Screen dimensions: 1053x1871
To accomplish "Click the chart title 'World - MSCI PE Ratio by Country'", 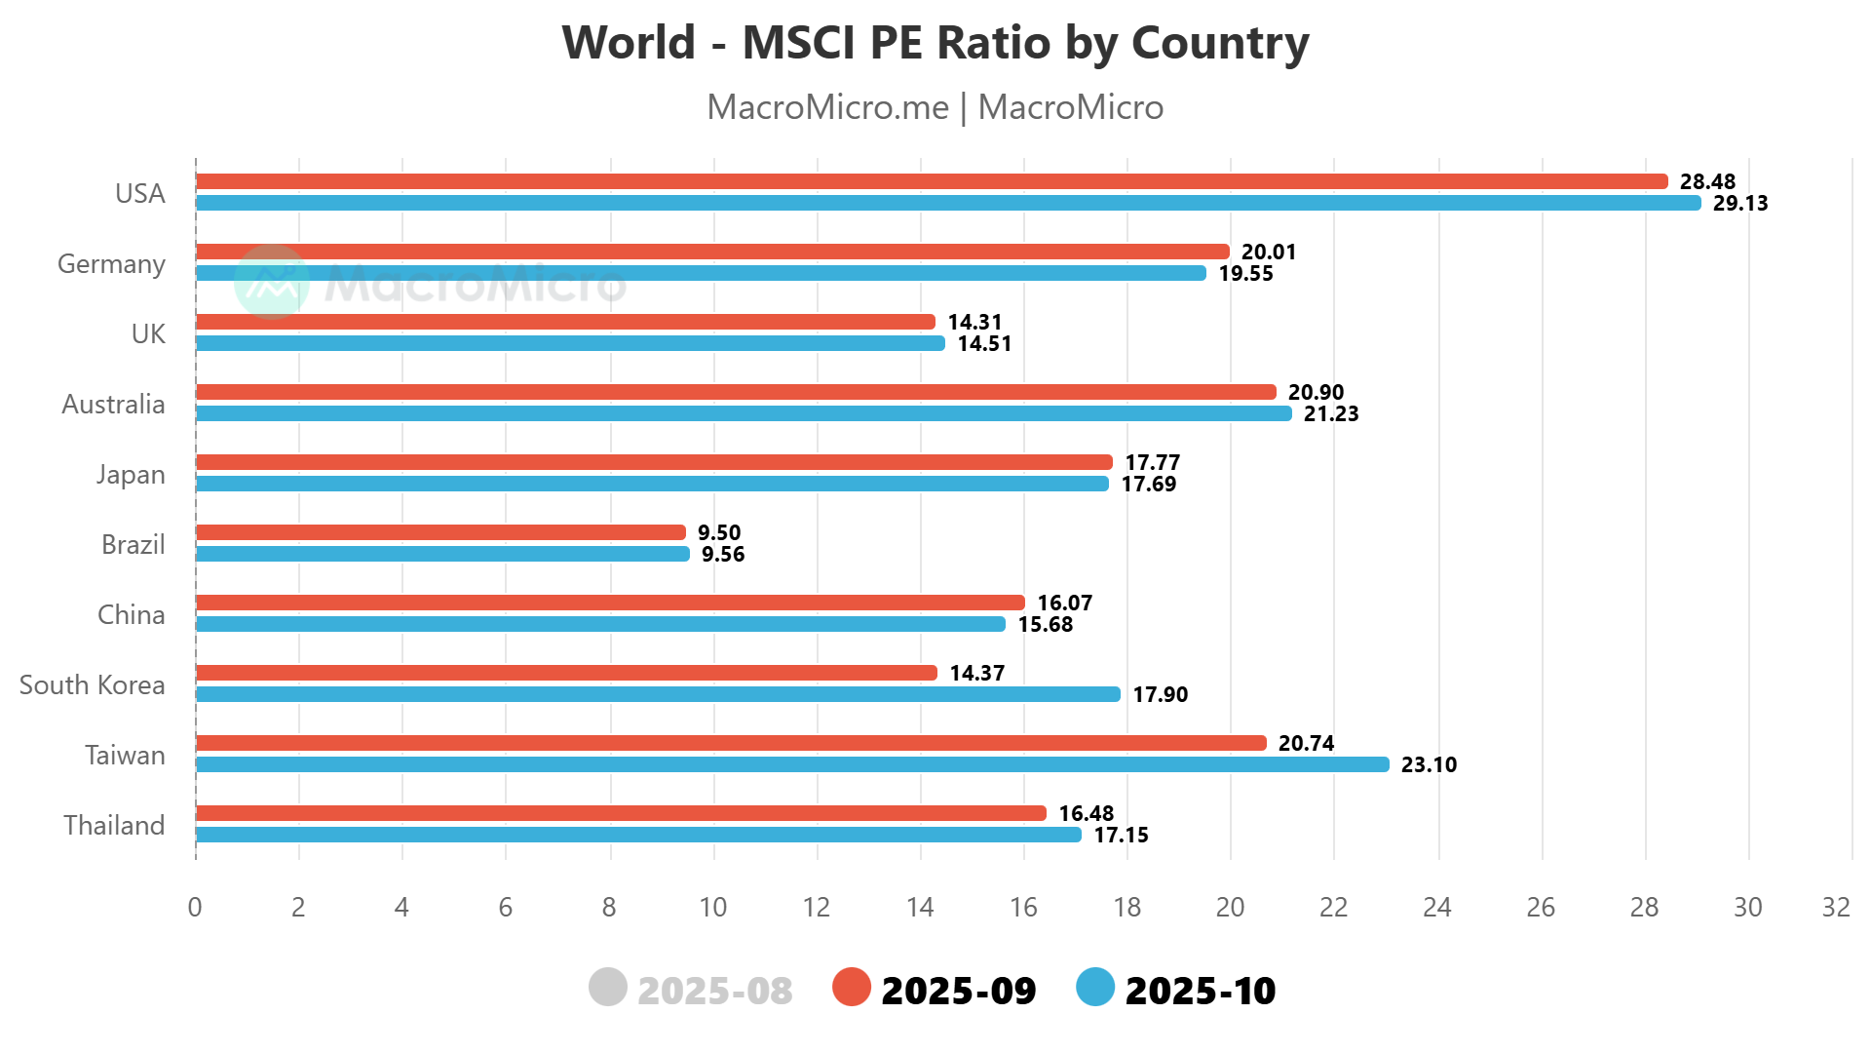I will coord(935,43).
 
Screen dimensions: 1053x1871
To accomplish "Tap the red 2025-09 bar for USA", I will coord(931,181).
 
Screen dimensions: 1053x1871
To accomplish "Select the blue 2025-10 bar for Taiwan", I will coord(791,764).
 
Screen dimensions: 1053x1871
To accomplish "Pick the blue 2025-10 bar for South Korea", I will coord(658,694).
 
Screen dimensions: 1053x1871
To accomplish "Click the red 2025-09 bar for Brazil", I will coord(440,532).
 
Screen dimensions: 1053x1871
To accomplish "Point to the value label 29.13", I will coord(1740,204).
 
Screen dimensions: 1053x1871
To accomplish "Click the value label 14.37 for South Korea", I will coord(976,673).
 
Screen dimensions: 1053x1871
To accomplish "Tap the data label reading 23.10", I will coord(1429,765).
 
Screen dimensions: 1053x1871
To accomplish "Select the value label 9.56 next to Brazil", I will coord(723,555).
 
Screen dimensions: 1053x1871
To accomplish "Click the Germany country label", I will coord(111,264).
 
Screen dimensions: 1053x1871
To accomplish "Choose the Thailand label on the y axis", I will coord(114,826).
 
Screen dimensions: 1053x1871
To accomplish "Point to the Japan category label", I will coord(131,475).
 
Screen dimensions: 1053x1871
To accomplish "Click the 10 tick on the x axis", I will coord(713,908).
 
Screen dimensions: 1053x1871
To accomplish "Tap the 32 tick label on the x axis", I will coord(1836,908).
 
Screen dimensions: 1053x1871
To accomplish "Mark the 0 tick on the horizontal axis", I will coord(195,908).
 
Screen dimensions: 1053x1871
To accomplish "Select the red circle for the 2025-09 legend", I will coord(852,987).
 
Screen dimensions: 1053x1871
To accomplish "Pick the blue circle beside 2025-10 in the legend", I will coord(1095,987).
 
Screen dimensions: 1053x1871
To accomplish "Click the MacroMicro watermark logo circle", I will coord(272,282).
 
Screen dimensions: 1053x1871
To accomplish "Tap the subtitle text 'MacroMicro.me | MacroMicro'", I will coord(935,107).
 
